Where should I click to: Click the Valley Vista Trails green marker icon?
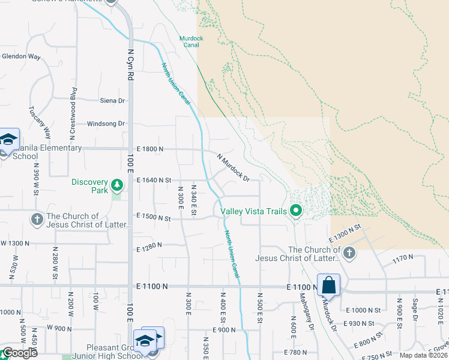[x=295, y=211]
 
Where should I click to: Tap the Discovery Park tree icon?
[x=118, y=183]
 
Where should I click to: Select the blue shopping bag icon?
[x=329, y=285]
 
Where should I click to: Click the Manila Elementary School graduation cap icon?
[x=9, y=140]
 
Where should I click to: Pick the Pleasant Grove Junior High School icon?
[x=145, y=340]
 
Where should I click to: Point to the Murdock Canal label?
[x=191, y=41]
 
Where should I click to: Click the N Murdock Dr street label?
[x=233, y=167]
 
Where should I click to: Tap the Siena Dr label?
[x=113, y=101]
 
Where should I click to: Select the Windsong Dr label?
[x=106, y=124]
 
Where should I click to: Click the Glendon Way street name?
[x=21, y=57]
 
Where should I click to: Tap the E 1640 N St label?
[x=154, y=179]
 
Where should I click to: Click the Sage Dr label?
[x=415, y=310]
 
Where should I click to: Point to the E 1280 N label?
[x=150, y=248]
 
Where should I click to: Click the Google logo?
[x=19, y=353]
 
